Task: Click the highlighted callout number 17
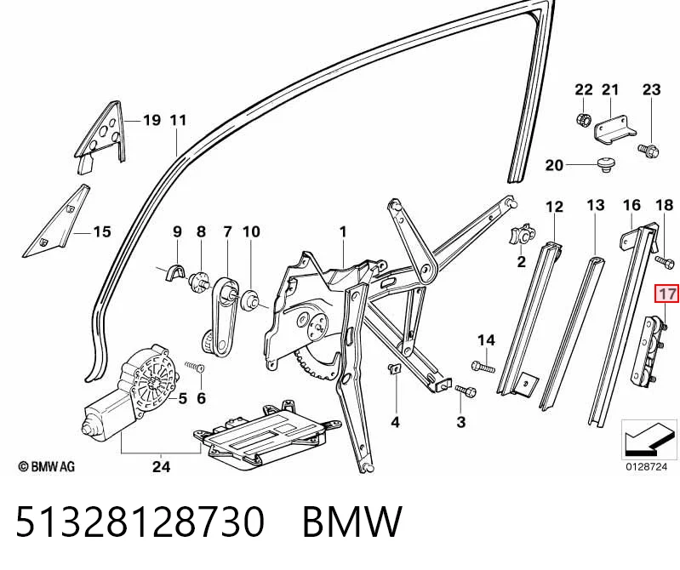click(666, 294)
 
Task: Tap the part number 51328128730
click(140, 522)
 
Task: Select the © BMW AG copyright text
click(47, 466)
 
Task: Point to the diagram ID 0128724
click(646, 467)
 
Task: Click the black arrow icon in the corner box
click(649, 440)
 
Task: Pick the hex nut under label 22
click(584, 118)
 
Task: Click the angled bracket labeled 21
click(614, 129)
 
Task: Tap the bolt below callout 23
click(649, 151)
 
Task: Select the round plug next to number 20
click(604, 165)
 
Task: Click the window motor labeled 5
click(130, 393)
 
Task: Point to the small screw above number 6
click(195, 367)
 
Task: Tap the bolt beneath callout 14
click(483, 368)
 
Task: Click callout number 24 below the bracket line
click(162, 466)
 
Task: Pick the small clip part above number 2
click(523, 236)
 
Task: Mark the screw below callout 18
click(665, 261)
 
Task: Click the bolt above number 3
click(466, 390)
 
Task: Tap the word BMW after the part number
click(352, 522)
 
